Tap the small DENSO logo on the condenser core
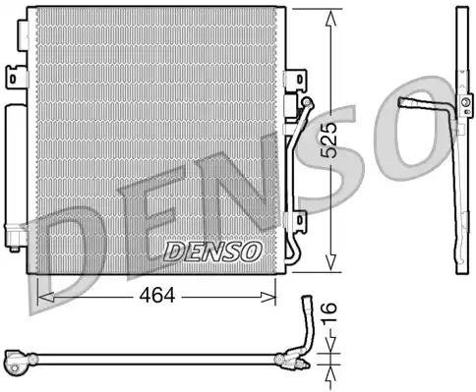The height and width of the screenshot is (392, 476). (211, 252)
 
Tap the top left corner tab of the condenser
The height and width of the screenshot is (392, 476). (35, 9)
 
